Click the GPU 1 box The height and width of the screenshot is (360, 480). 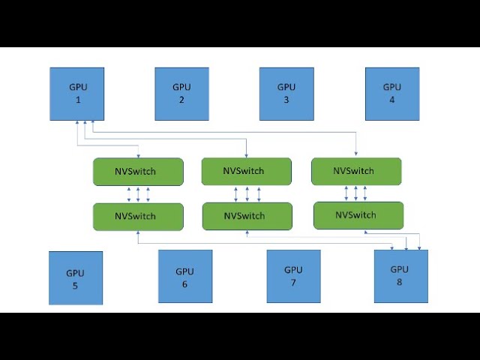click(x=77, y=94)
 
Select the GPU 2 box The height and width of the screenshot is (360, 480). click(x=181, y=94)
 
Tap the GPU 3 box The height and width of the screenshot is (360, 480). click(x=286, y=94)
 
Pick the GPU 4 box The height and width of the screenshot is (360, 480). click(x=391, y=94)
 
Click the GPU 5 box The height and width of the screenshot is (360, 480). click(x=76, y=278)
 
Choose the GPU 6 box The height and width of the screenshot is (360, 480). click(x=184, y=277)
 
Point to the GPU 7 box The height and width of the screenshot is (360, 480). click(x=293, y=276)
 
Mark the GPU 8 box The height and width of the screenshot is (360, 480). click(x=400, y=276)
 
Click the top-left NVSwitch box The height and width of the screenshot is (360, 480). click(x=138, y=172)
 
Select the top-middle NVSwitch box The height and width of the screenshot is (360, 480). click(x=246, y=171)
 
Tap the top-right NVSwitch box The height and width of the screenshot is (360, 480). click(x=356, y=171)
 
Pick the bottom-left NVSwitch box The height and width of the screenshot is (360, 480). click(x=138, y=216)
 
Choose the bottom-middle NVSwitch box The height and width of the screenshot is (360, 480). click(x=247, y=216)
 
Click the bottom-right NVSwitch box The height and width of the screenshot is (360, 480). click(x=358, y=215)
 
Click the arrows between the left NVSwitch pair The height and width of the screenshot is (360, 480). click(x=138, y=194)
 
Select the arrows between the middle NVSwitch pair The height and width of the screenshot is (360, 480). click(x=247, y=194)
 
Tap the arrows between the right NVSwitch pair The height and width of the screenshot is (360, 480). click(x=355, y=193)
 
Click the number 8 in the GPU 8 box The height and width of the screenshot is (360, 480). click(x=400, y=282)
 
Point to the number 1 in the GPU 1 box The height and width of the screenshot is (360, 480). click(x=76, y=100)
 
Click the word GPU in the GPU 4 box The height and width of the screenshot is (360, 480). click(x=391, y=87)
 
